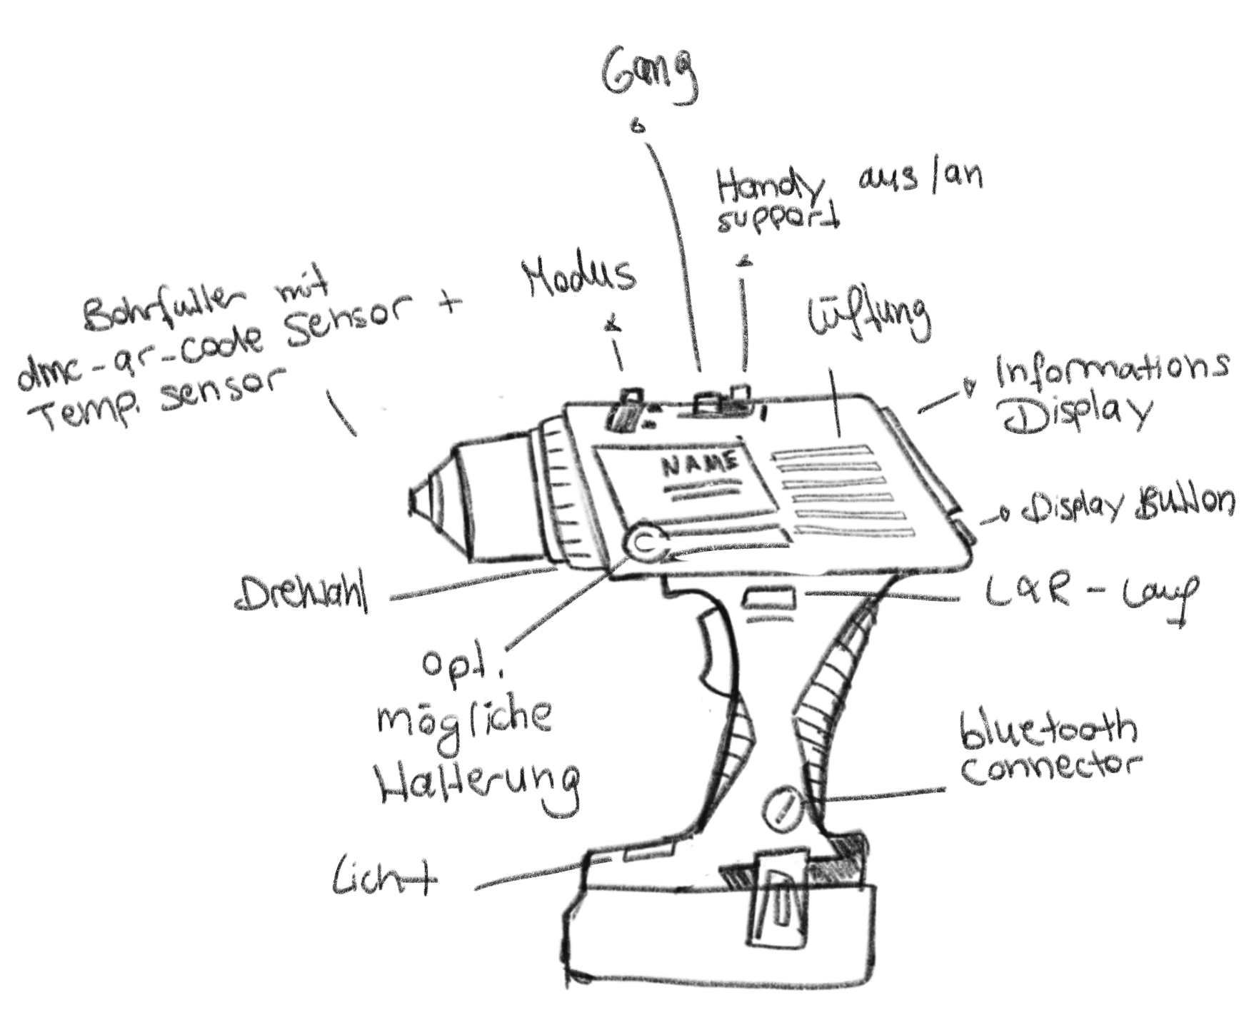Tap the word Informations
click(x=1111, y=369)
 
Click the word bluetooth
click(x=1048, y=729)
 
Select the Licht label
click(x=383, y=879)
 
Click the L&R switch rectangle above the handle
click(x=771, y=598)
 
